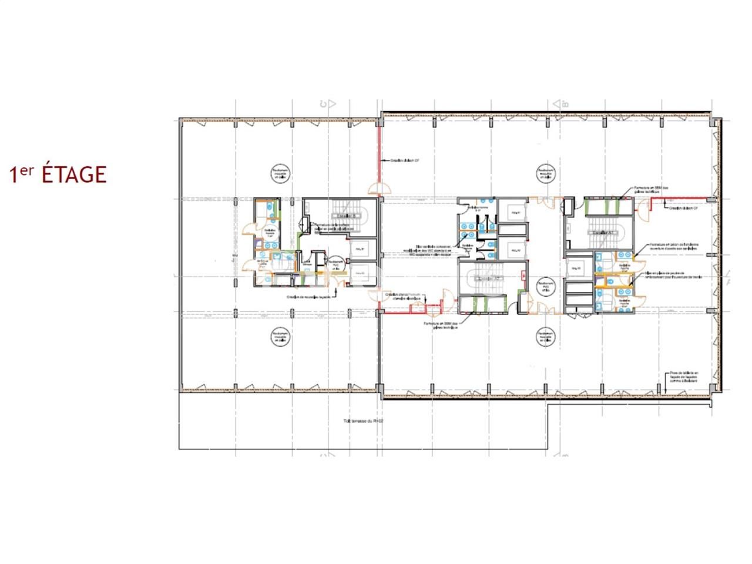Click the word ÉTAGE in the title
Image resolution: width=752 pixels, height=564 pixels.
point(74,174)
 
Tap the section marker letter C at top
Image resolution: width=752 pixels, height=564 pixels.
point(323,104)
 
